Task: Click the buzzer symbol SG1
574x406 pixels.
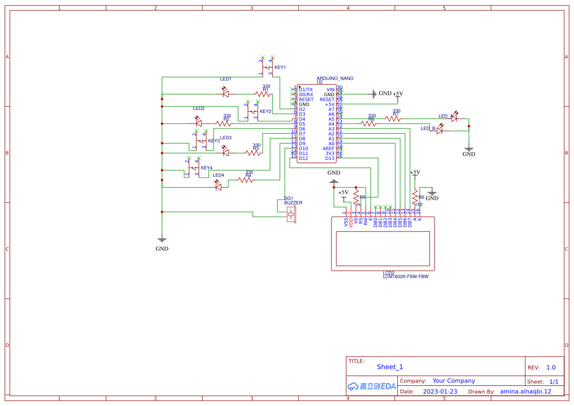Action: [x=292, y=213]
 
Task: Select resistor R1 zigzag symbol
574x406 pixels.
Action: [x=263, y=94]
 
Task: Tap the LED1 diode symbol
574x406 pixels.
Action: [x=225, y=93]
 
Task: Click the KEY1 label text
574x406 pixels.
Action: [x=280, y=67]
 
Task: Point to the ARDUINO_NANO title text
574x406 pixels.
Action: [x=335, y=78]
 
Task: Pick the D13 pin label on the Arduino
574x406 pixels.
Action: [x=329, y=158]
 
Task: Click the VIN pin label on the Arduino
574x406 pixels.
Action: [x=330, y=90]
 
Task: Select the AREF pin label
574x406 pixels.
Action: [x=328, y=149]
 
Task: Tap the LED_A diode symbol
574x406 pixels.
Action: [x=454, y=118]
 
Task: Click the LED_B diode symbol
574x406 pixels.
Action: [x=440, y=130]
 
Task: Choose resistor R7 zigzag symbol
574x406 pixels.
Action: [x=393, y=118]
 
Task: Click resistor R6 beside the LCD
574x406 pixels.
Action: [x=415, y=197]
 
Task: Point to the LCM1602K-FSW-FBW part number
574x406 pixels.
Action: [x=405, y=277]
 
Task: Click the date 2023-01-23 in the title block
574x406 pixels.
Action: [x=440, y=391]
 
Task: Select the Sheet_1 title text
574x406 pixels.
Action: [x=389, y=367]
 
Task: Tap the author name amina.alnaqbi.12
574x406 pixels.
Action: [x=525, y=391]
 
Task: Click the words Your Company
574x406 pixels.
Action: [x=453, y=381]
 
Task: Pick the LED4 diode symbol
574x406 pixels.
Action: [x=219, y=186]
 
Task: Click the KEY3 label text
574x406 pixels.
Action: [x=214, y=141]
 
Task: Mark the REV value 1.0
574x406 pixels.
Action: [x=550, y=367]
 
